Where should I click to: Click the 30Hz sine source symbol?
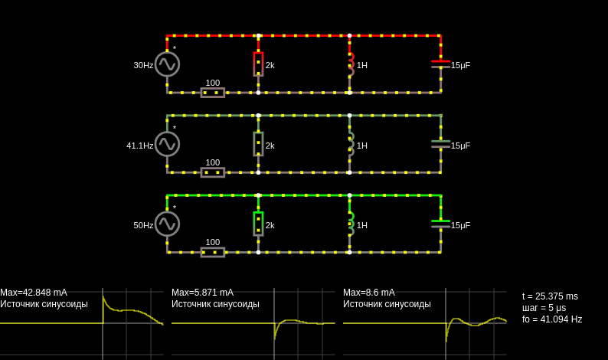click(x=167, y=64)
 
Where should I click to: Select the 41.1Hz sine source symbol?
click(x=167, y=144)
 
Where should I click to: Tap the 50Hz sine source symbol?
click(x=167, y=224)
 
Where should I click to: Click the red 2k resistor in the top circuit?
click(x=258, y=64)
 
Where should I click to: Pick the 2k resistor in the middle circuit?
click(x=258, y=144)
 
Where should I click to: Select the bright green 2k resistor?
click(x=258, y=224)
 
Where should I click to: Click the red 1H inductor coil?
click(x=351, y=64)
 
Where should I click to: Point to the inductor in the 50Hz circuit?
click(x=351, y=224)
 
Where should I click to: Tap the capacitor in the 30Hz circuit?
click(x=441, y=64)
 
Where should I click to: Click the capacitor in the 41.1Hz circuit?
click(x=441, y=144)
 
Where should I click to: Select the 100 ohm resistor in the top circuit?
click(x=212, y=93)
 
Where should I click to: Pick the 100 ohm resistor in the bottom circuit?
click(x=212, y=253)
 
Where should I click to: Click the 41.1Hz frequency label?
click(x=139, y=146)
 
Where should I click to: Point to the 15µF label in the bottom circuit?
click(x=461, y=226)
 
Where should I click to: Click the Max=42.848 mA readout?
click(x=34, y=293)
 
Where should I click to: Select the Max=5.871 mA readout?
click(x=202, y=293)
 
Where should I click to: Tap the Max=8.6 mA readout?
click(x=369, y=293)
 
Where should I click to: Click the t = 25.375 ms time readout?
click(x=550, y=296)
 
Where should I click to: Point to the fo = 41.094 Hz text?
click(x=552, y=319)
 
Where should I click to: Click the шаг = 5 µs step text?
click(x=544, y=308)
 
